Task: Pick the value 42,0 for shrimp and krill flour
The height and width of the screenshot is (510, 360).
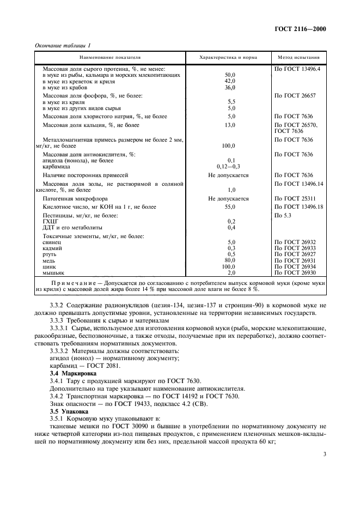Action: (x=230, y=80)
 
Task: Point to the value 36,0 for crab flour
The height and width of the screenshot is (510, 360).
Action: (x=230, y=87)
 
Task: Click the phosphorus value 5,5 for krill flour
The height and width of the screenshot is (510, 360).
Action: (x=230, y=101)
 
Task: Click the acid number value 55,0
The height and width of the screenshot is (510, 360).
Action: (x=230, y=207)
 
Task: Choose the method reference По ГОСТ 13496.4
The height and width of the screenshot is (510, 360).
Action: (x=298, y=69)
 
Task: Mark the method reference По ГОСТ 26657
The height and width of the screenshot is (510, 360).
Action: (x=295, y=95)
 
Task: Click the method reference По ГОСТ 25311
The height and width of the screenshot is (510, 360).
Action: (x=295, y=199)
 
